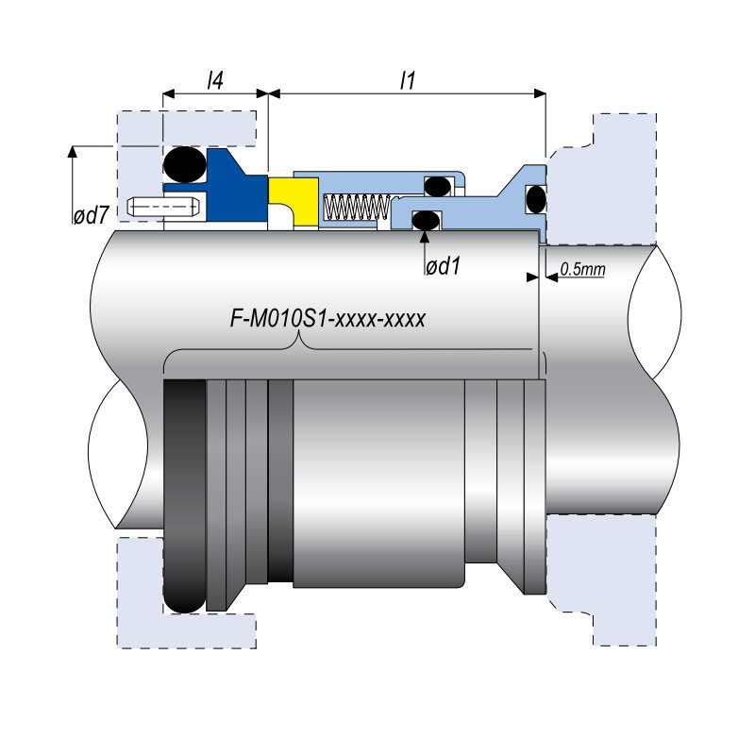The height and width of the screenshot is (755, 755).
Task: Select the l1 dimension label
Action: (408, 81)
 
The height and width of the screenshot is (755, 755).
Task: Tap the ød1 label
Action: (442, 267)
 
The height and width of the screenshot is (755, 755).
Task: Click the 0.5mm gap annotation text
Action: (581, 270)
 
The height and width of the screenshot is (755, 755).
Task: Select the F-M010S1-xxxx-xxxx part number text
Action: (329, 319)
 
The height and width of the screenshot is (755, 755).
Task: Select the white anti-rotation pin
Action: (163, 206)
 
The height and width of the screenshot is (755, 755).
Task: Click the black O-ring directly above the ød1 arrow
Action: (426, 220)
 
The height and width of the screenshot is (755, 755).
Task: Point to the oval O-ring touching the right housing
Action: (535, 199)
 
